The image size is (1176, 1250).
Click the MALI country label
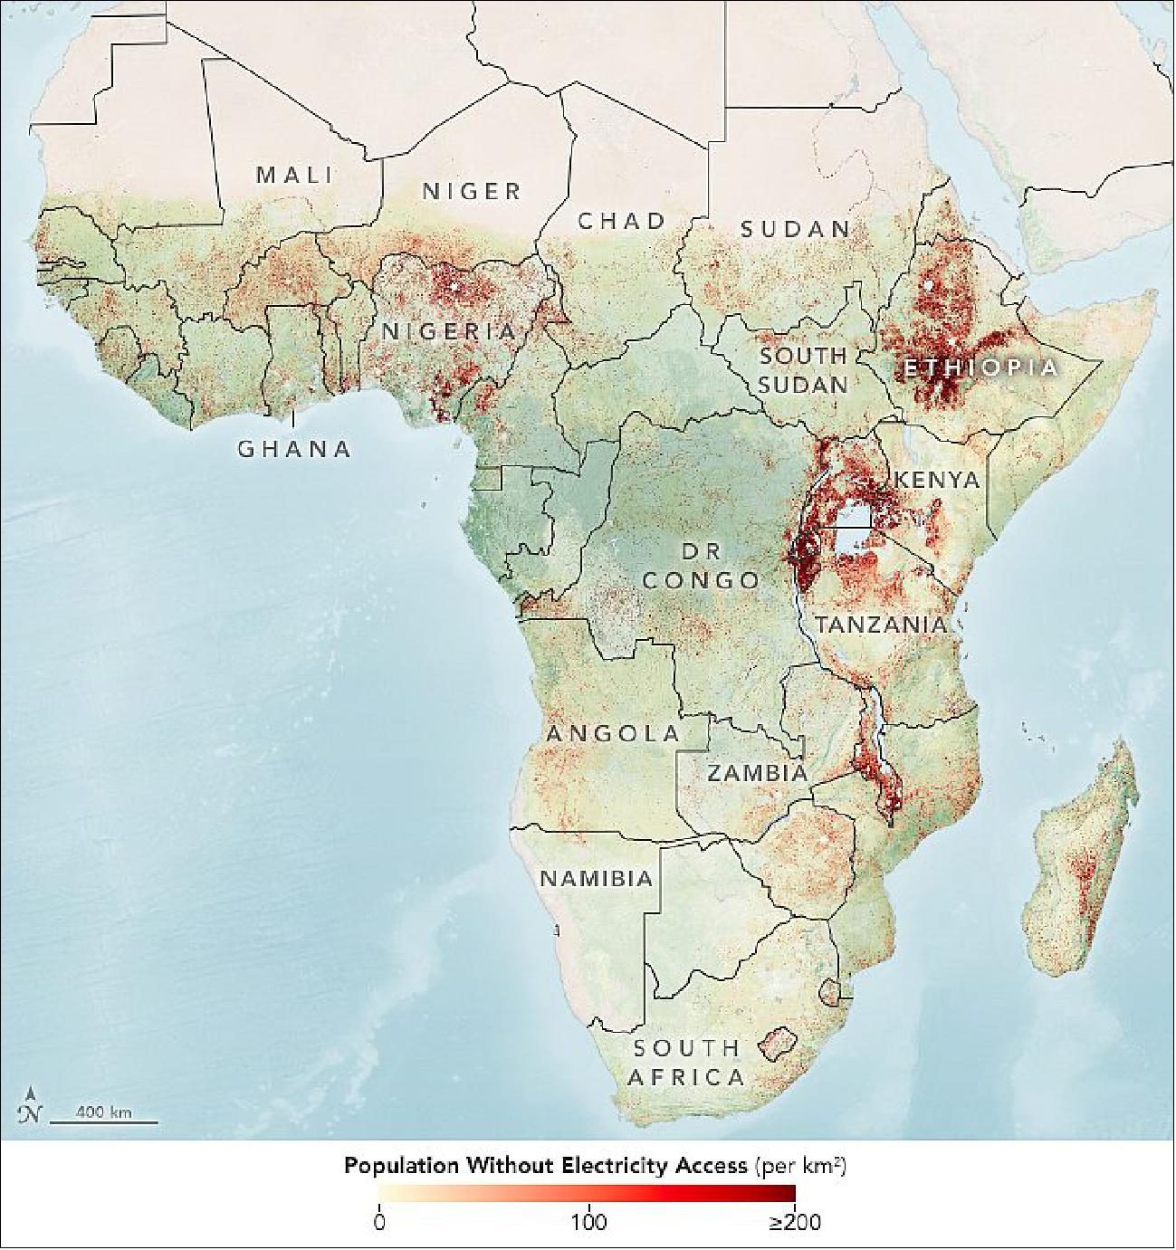294,174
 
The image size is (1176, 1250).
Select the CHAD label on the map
622,220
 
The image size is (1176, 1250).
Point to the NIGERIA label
448,331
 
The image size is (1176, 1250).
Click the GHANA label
294,448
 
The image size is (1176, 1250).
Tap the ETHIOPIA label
980,367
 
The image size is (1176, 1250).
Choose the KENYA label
937,480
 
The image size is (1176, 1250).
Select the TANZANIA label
880,625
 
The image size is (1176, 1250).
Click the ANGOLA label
612,733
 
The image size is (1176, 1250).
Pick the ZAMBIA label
757,773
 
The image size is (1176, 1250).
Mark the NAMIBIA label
597,878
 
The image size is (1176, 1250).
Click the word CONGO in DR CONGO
701,579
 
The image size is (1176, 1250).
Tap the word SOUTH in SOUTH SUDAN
803,356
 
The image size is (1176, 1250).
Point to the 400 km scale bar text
104,1112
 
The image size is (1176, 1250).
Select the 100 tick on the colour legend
588,1224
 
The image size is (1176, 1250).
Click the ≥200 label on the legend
795,1224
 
